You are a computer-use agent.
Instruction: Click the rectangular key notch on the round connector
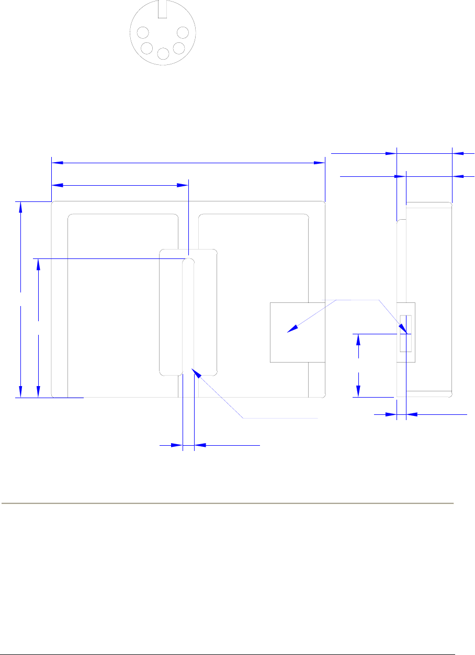click(x=163, y=8)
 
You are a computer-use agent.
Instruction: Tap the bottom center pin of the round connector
click(x=163, y=53)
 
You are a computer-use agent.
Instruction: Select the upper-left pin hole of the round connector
click(x=142, y=33)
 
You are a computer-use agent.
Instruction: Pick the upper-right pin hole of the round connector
click(x=183, y=33)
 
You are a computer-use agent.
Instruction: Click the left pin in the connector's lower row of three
click(x=147, y=49)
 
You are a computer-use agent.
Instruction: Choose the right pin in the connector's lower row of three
click(x=178, y=49)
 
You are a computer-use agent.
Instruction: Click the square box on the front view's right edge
click(x=289, y=332)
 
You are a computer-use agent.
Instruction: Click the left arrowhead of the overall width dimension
click(x=57, y=163)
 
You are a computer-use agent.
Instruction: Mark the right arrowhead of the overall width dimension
click(x=319, y=163)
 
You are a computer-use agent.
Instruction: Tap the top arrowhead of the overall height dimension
click(x=20, y=207)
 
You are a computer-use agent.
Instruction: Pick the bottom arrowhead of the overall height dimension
click(x=20, y=392)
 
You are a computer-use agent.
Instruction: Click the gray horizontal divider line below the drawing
click(x=227, y=504)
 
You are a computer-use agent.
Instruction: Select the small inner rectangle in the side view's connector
click(x=405, y=333)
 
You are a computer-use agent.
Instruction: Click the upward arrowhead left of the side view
click(x=358, y=339)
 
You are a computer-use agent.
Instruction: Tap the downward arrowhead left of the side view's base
click(x=358, y=391)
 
